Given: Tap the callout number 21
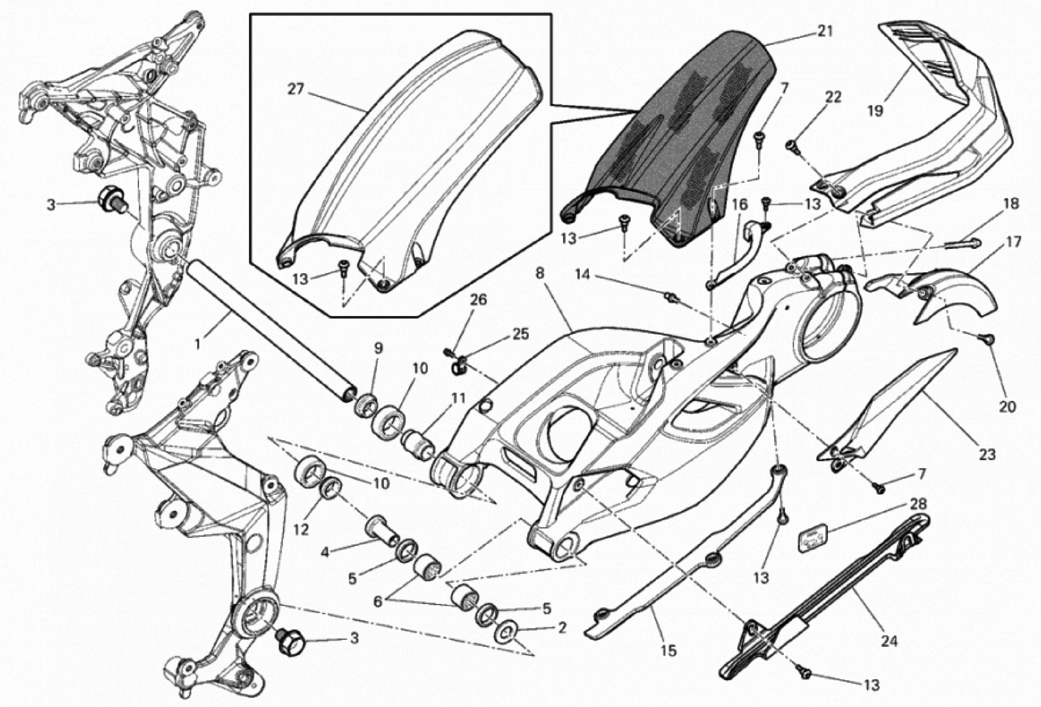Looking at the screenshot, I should tap(825, 31).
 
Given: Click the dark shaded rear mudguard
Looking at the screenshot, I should tap(685, 134).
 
